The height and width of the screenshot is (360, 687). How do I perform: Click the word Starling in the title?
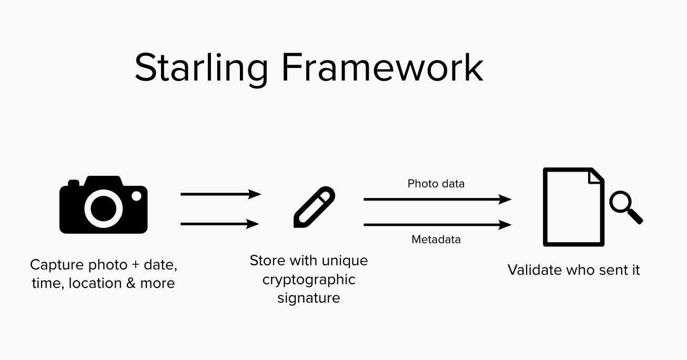tap(201, 69)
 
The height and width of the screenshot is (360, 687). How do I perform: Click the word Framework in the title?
tap(382, 67)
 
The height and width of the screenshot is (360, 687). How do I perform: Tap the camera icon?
tap(103, 204)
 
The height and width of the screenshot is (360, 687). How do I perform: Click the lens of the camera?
tap(103, 209)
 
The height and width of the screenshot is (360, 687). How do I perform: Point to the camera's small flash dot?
tap(136, 196)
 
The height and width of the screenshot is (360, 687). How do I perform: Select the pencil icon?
tap(315, 207)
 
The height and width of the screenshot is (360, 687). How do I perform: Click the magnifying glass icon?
tap(626, 207)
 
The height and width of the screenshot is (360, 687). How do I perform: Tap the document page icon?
tap(573, 207)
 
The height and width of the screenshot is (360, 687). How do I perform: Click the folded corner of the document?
tap(595, 176)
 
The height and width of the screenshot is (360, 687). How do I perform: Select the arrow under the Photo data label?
tap(437, 199)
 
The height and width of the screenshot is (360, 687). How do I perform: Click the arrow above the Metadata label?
tap(437, 225)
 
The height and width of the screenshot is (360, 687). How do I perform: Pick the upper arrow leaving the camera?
tap(221, 194)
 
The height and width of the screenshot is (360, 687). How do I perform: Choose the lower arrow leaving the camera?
tap(220, 224)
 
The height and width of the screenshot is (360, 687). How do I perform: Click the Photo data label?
tap(436, 184)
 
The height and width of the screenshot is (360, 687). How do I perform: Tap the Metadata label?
tap(436, 239)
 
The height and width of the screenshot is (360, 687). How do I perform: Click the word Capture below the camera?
tap(57, 265)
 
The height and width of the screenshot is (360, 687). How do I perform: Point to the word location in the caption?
tap(95, 283)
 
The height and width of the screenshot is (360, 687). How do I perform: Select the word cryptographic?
tap(309, 280)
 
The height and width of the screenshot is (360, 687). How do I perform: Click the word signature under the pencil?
tap(309, 298)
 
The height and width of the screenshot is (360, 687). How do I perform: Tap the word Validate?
tap(534, 270)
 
